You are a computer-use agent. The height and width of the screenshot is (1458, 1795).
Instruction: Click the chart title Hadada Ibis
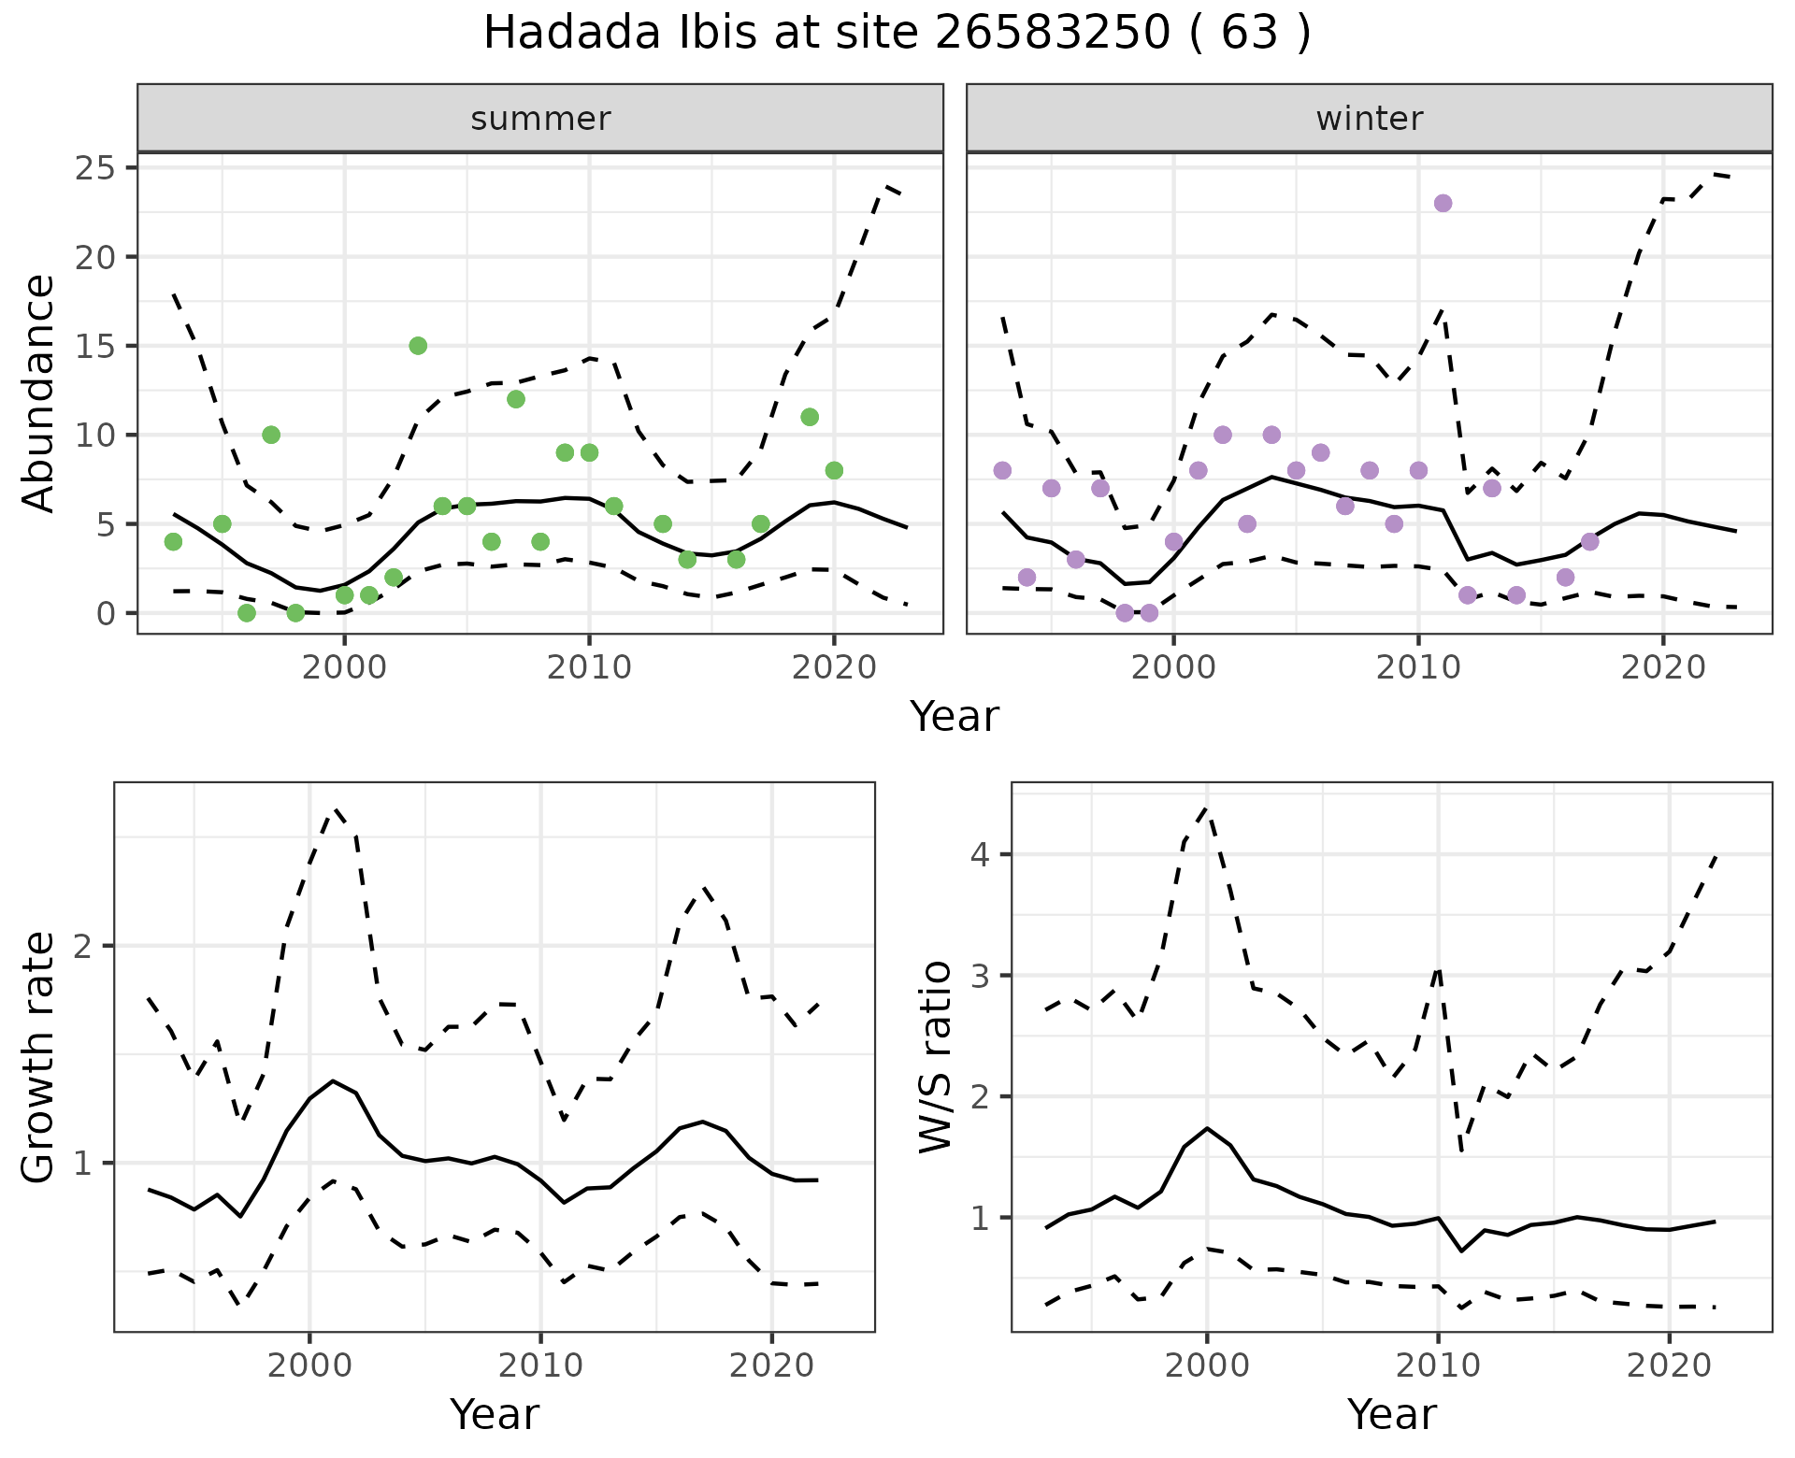coord(896,34)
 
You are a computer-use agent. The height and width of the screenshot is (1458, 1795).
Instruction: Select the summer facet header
coord(540,119)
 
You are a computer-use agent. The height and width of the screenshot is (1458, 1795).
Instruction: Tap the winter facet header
coord(1369,119)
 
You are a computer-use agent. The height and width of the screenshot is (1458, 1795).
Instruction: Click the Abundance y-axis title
coord(39,393)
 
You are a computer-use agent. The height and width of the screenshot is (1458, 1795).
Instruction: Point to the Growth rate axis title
coord(39,1057)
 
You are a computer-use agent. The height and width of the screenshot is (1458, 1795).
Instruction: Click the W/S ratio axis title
coord(936,1057)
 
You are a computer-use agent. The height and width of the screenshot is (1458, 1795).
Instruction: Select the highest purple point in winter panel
coord(1443,204)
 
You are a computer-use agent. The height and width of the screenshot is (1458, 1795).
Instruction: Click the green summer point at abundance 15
coord(418,346)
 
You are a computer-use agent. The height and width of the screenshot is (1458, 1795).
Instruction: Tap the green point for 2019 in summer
coord(810,417)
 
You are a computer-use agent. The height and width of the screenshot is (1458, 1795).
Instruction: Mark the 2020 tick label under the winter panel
coord(1662,668)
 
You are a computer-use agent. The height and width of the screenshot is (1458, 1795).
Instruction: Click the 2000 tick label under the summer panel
coord(344,668)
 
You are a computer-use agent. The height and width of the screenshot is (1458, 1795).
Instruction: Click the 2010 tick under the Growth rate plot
coord(539,1365)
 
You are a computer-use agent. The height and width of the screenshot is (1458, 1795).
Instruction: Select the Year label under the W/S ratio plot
coord(1391,1414)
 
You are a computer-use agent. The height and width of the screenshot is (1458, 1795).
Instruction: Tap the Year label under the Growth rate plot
coord(494,1414)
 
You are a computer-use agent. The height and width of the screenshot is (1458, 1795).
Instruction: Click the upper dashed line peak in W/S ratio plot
coord(1206,808)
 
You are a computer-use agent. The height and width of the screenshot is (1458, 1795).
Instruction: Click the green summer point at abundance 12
coord(515,399)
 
